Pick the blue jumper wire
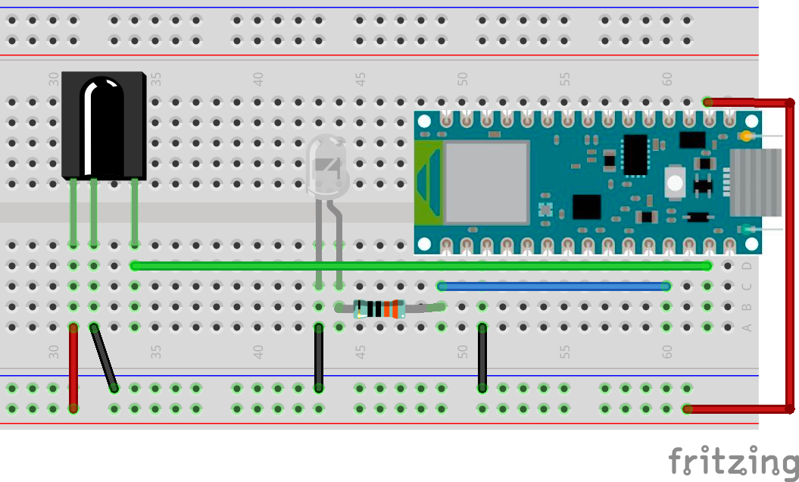coord(553,286)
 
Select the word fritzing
coord(732,461)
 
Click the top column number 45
coord(361,78)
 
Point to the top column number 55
coord(565,78)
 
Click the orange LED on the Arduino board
coord(748,136)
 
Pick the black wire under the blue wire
coord(482,358)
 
